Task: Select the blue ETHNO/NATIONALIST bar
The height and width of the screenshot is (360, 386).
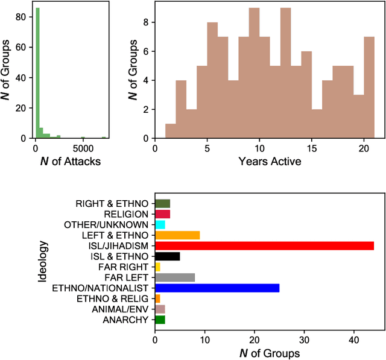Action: point(217,288)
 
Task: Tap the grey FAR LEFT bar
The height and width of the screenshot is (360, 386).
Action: point(175,277)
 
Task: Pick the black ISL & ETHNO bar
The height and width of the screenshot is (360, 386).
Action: point(167,256)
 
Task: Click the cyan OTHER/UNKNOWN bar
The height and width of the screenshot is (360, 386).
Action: point(160,224)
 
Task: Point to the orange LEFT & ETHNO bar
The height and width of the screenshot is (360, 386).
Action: point(177,235)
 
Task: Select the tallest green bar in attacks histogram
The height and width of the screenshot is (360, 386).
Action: point(37,72)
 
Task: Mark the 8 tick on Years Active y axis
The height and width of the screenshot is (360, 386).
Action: point(145,23)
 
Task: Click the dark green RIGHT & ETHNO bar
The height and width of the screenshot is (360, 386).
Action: point(162,203)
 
